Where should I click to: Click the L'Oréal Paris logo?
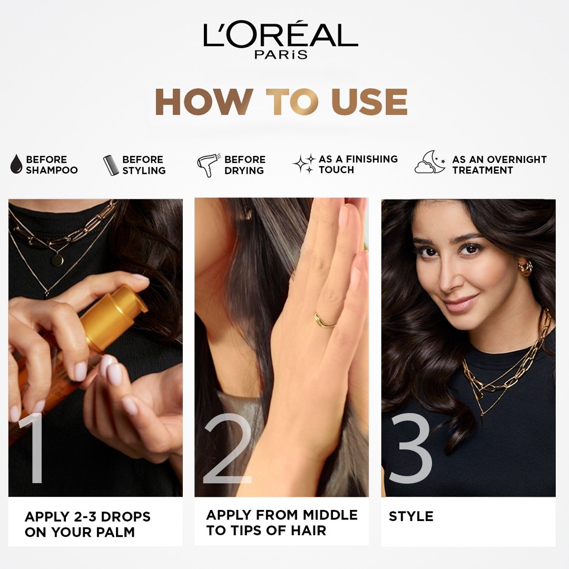pos(280,39)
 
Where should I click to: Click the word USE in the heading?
pos(369,102)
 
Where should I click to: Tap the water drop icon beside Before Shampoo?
pos(16,164)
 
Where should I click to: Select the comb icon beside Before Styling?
pos(111,165)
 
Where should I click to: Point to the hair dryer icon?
pos(208,165)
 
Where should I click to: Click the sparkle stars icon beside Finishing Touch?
pos(304,164)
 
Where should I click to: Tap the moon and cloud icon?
pos(430,162)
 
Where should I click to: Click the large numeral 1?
pos(32,448)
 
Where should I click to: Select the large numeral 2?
pos(228,448)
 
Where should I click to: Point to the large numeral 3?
pos(410,448)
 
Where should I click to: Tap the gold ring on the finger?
pos(323,321)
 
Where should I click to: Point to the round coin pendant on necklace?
pos(57,260)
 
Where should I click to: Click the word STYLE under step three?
pos(411,516)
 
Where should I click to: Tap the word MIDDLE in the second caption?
pos(330,515)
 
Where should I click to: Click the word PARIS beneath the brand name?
pos(281,54)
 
